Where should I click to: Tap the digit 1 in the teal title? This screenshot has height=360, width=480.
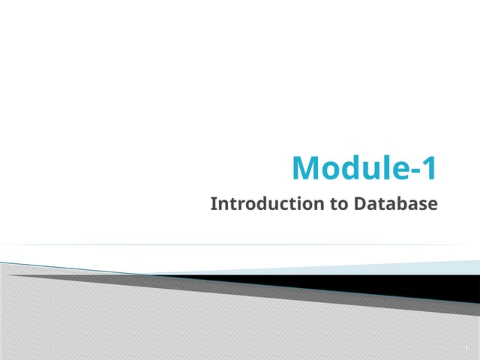[x=428, y=168]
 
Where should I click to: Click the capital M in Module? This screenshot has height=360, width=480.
[x=306, y=168]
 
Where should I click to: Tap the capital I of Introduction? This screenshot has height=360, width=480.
[x=214, y=203]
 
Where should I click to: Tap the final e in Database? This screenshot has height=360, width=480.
[x=432, y=204]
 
